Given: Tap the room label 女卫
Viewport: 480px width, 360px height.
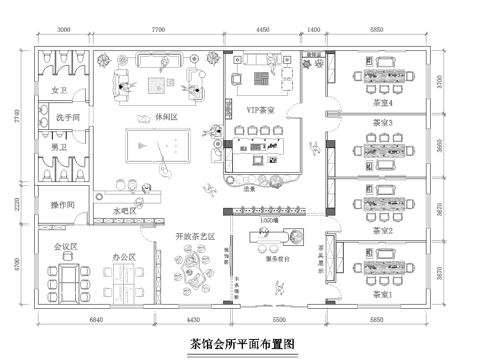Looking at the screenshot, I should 57,91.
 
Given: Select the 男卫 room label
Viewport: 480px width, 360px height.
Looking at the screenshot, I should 57,147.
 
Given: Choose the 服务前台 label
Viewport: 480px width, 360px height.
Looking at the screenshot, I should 279,257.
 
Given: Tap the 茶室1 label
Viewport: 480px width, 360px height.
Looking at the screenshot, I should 380,296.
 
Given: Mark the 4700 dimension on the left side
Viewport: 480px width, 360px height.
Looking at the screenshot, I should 16,264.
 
